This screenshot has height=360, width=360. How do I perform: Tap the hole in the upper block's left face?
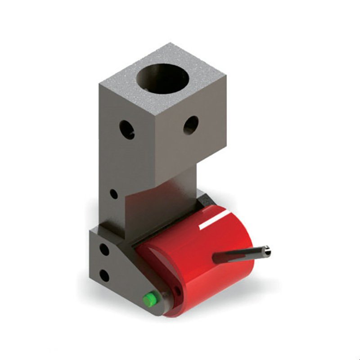click(x=126, y=130)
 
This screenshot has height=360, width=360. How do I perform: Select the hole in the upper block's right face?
click(x=191, y=125)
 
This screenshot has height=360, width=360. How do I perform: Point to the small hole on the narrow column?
click(x=114, y=194)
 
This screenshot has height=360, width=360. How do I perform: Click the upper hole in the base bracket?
click(x=104, y=249)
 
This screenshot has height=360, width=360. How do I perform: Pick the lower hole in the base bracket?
click(x=104, y=275)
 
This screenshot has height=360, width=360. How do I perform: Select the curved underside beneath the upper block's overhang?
click(x=162, y=189)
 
